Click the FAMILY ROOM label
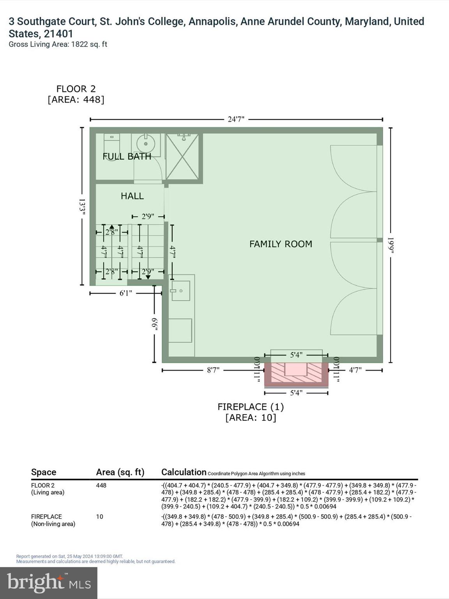pyautogui.click(x=281, y=244)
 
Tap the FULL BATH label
pyautogui.click(x=127, y=157)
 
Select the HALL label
pyautogui.click(x=132, y=196)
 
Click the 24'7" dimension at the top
pyautogui.click(x=236, y=119)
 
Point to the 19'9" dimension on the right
pyautogui.click(x=391, y=245)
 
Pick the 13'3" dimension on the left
pyautogui.click(x=82, y=207)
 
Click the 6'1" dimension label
pyautogui.click(x=126, y=293)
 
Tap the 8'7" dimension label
pyautogui.click(x=213, y=370)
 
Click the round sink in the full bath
pyautogui.click(x=146, y=144)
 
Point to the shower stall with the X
pyautogui.click(x=182, y=157)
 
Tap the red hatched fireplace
pyautogui.click(x=296, y=373)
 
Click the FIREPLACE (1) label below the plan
pyautogui.click(x=251, y=407)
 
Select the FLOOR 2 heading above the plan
pyautogui.click(x=76, y=89)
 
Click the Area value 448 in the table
pyautogui.click(x=101, y=486)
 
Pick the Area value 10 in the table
pyautogui.click(x=100, y=517)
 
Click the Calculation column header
pyautogui.click(x=184, y=472)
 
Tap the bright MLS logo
pyautogui.click(x=49, y=583)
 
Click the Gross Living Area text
pyautogui.click(x=58, y=44)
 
